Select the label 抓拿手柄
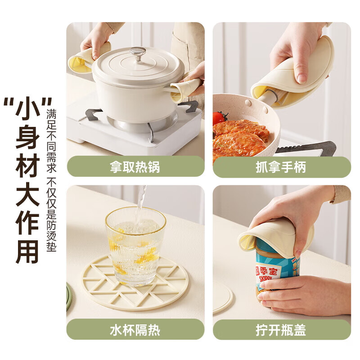[281, 167]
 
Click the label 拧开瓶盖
[281, 330]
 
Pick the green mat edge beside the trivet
[69, 297]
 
